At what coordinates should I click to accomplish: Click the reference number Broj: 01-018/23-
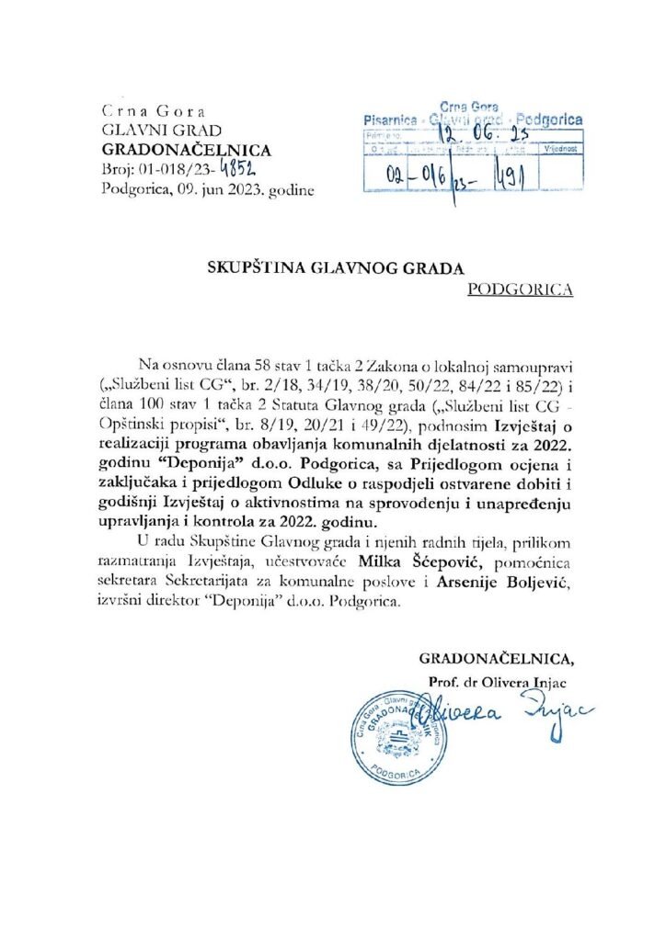tap(162, 170)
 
